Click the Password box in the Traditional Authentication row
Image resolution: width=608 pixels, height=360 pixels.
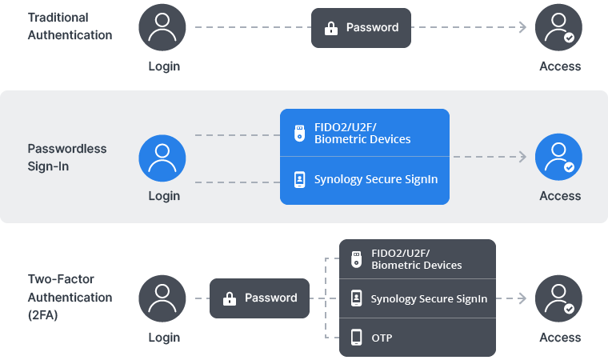(361, 28)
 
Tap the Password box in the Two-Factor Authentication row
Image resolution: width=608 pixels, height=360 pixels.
(259, 298)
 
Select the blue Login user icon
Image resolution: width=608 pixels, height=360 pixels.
(162, 158)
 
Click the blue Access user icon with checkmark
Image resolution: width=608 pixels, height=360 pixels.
(559, 158)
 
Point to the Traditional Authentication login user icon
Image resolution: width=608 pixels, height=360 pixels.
(162, 28)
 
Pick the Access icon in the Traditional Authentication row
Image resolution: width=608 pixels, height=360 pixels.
(559, 28)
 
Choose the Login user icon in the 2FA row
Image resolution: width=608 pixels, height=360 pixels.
(162, 298)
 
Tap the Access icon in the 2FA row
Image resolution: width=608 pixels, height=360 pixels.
(559, 298)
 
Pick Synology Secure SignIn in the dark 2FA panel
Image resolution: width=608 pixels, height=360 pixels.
(418, 298)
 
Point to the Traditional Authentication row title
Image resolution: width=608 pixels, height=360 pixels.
(70, 26)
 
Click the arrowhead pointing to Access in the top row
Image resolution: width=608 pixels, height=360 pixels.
(522, 28)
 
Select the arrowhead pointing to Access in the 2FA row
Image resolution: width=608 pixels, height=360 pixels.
(522, 298)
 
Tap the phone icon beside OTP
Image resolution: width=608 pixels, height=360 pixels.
(357, 338)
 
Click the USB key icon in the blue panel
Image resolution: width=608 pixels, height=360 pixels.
(299, 133)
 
